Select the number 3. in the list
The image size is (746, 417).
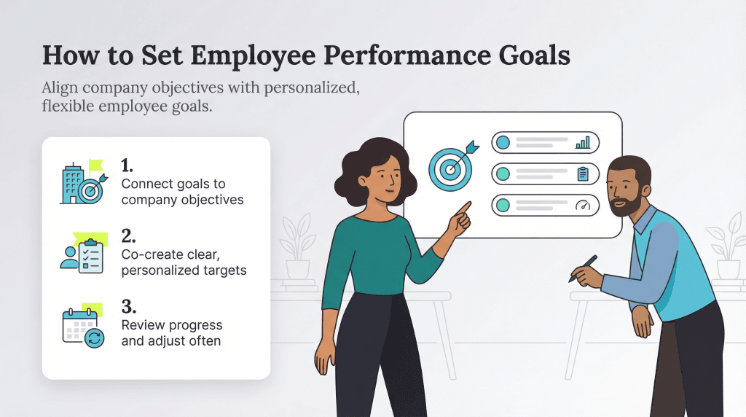pyautogui.click(x=129, y=306)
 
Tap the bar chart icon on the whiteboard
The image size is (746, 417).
pyautogui.click(x=583, y=143)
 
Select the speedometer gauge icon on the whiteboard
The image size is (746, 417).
pyautogui.click(x=583, y=206)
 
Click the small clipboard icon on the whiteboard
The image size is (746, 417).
pyautogui.click(x=583, y=174)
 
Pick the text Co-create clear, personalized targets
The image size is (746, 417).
pyautogui.click(x=184, y=262)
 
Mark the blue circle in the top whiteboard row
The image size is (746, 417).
pyautogui.click(x=503, y=142)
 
